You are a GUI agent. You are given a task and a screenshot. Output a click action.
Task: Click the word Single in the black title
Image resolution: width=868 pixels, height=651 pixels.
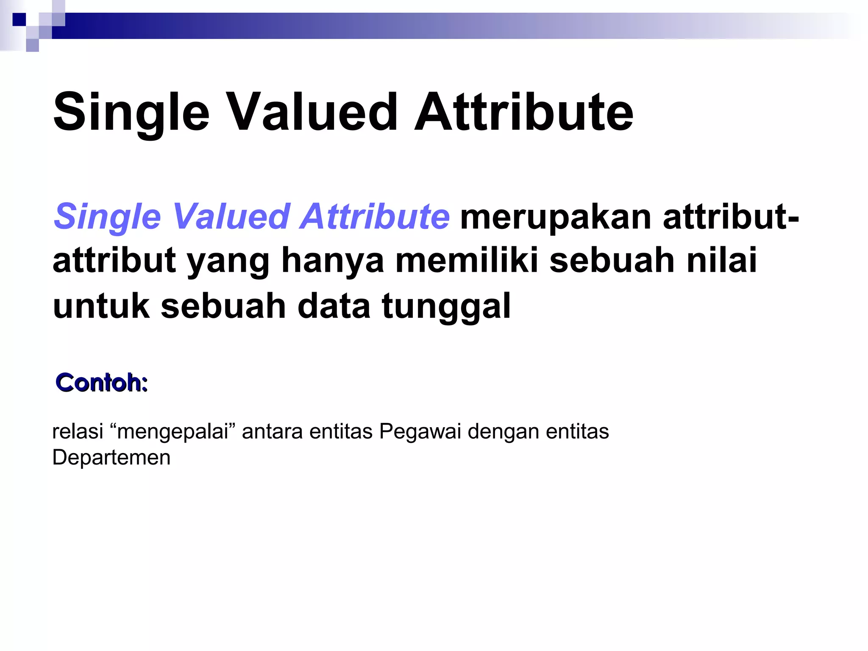(x=131, y=113)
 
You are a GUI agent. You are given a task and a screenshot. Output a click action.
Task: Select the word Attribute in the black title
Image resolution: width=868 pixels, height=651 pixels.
(x=523, y=113)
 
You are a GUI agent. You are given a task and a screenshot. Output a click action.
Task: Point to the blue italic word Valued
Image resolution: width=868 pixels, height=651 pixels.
(x=231, y=217)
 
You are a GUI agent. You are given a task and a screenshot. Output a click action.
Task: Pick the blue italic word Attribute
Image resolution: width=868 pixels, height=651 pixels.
(x=375, y=217)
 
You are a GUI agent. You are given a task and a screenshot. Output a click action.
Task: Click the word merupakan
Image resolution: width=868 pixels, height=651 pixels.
(x=556, y=217)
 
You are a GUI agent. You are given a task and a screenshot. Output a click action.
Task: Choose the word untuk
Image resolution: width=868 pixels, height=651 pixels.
(x=101, y=306)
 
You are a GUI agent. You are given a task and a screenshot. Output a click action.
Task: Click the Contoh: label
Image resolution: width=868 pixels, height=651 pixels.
(x=102, y=382)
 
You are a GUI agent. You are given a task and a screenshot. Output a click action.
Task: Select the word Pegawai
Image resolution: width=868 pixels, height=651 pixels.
(x=420, y=432)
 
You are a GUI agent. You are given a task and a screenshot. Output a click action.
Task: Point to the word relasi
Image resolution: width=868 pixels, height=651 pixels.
(x=78, y=432)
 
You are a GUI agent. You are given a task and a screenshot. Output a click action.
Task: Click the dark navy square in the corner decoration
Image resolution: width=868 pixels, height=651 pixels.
(x=19, y=19)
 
